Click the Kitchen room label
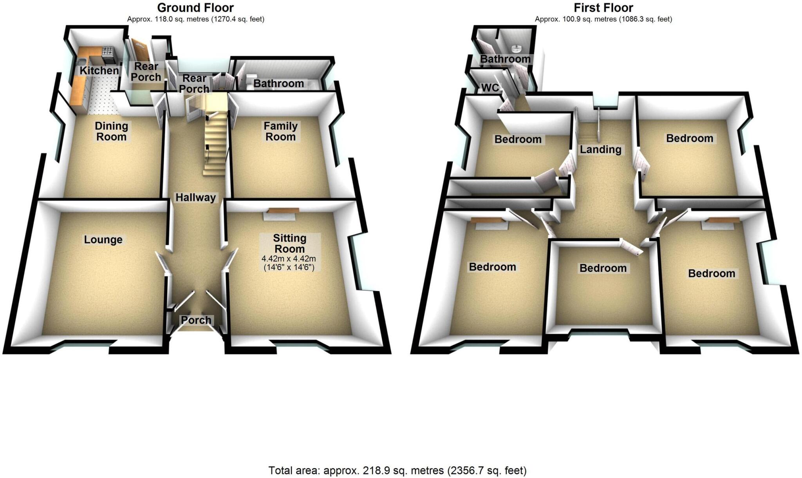click(99, 71)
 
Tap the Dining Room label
click(112, 131)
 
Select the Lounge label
click(103, 239)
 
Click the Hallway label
click(195, 197)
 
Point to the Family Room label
click(280, 131)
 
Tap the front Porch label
click(196, 320)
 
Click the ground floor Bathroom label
click(278, 83)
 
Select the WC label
click(490, 87)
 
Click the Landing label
click(600, 149)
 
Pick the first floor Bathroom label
click(505, 59)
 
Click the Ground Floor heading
click(195, 7)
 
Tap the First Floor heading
click(603, 7)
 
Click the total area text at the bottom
click(397, 470)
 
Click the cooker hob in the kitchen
click(108, 51)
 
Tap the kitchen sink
click(81, 62)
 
